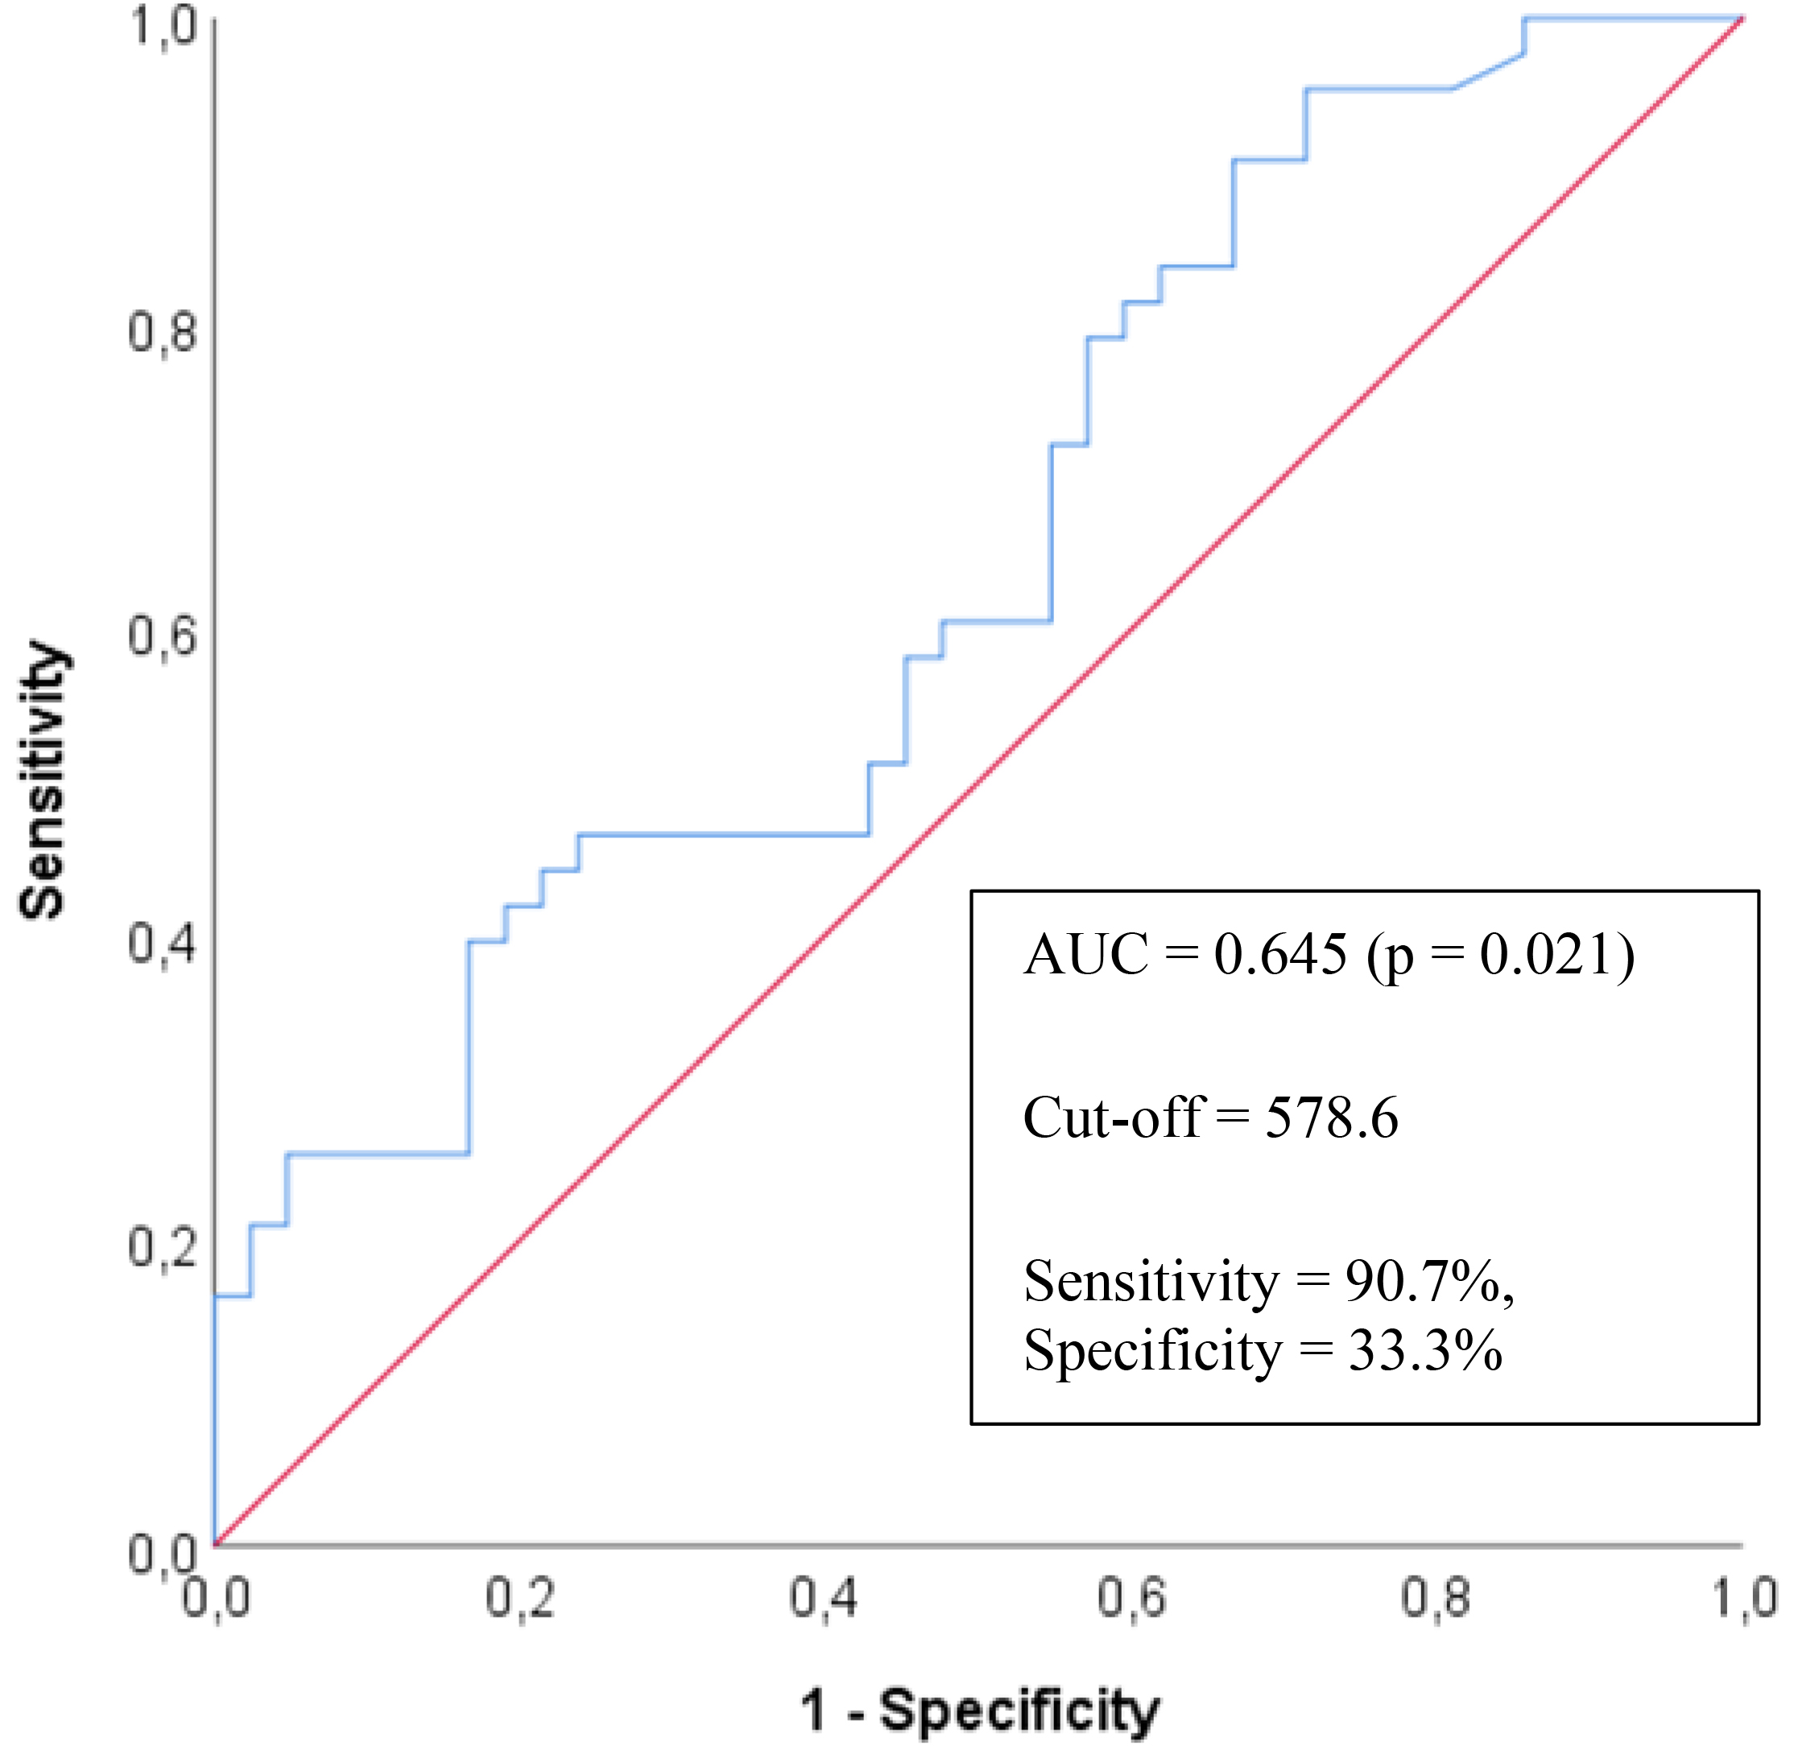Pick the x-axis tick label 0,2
[x=520, y=1597]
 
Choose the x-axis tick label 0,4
[x=825, y=1597]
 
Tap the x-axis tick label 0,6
[x=1131, y=1597]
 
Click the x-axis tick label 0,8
[x=1436, y=1597]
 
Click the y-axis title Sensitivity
[x=43, y=782]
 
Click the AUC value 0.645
[x=1280, y=954]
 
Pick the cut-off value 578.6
[x=1331, y=1118]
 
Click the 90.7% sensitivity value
[x=1423, y=1281]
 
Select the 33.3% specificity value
[x=1424, y=1350]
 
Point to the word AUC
[x=1086, y=954]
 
